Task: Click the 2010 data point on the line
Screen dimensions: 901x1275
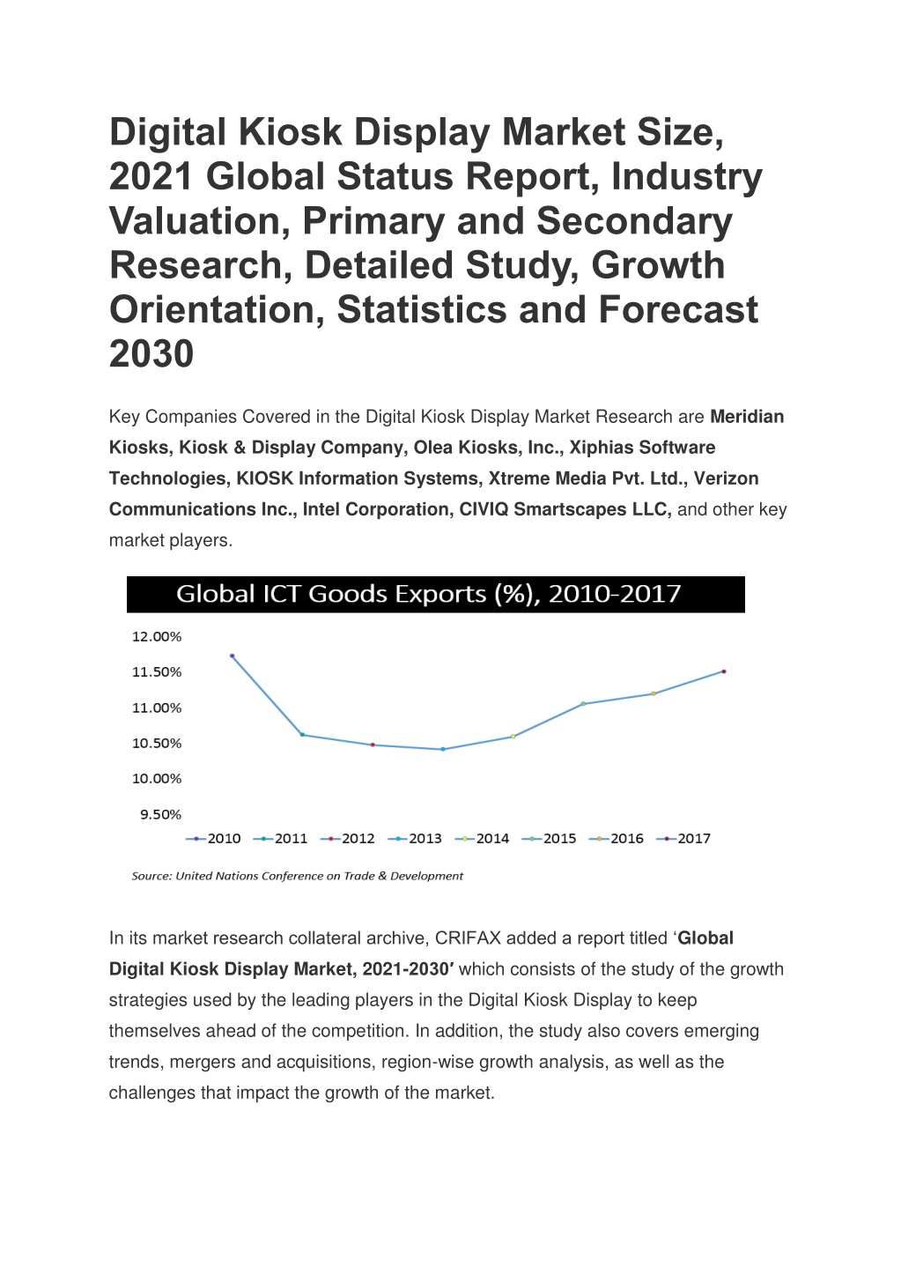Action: pos(233,656)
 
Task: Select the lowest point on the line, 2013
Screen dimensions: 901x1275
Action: pos(443,749)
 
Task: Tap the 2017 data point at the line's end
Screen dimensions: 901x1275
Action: pos(724,671)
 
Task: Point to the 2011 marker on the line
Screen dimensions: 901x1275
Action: pos(302,735)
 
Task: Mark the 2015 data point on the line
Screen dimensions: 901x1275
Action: pos(583,703)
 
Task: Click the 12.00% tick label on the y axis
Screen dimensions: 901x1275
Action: pos(157,637)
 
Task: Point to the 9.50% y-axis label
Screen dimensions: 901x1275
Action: pos(161,814)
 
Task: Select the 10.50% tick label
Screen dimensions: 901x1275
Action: pos(157,744)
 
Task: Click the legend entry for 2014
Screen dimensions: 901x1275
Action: pos(483,839)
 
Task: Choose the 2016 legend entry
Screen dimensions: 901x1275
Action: pos(617,839)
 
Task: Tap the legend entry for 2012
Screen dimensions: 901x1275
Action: pos(348,839)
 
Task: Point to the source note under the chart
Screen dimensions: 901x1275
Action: pos(298,876)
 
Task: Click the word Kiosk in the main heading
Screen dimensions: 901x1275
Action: pos(290,131)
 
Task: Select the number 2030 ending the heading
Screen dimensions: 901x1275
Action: pos(151,354)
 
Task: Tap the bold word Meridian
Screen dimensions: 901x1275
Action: pos(748,417)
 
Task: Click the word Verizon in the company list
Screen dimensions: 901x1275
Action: pos(726,478)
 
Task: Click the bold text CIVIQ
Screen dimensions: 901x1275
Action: pos(484,509)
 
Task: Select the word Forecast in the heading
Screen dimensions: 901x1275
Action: pos(678,309)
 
